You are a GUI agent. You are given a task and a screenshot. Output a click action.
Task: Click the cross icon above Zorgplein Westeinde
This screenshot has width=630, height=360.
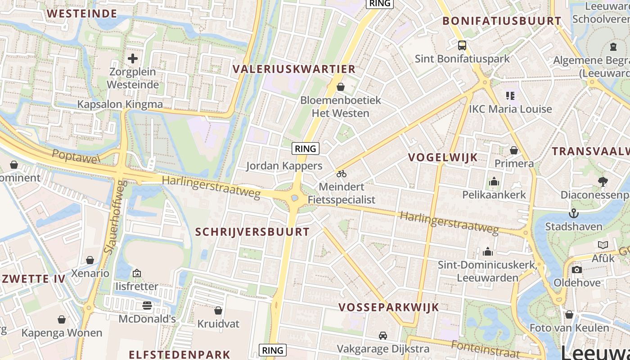[x=133, y=58]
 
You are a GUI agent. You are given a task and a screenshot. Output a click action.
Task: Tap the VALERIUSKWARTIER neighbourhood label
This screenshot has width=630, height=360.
[x=294, y=69]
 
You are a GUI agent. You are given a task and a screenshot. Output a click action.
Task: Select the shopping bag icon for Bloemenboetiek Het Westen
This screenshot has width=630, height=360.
[x=341, y=86]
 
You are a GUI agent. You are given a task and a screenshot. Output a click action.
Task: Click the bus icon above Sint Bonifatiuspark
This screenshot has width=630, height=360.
[x=462, y=45]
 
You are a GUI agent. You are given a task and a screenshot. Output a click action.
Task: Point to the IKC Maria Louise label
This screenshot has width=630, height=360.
[x=510, y=109]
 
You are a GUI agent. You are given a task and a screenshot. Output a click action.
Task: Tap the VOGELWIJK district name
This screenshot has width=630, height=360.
[x=443, y=157]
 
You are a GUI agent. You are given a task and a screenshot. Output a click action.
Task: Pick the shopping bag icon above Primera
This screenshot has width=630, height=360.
[x=514, y=150]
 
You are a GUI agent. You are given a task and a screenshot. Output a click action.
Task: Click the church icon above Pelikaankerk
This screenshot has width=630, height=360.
[x=494, y=182]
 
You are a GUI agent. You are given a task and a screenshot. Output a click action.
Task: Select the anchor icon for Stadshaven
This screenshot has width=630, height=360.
[x=573, y=213]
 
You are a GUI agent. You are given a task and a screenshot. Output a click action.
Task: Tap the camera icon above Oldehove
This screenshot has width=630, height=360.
[x=577, y=270]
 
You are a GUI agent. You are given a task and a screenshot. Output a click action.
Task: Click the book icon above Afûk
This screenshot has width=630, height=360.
[x=603, y=245]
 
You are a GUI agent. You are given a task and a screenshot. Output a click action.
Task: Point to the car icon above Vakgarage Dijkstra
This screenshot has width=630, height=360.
[x=383, y=335]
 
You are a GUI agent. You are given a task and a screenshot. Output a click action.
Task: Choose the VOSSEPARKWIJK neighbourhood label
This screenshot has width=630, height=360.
[x=388, y=307]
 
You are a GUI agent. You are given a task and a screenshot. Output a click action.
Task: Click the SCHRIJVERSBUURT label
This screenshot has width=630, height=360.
[x=252, y=232]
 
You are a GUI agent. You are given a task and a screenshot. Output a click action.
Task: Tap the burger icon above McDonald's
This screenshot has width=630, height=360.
[x=147, y=306]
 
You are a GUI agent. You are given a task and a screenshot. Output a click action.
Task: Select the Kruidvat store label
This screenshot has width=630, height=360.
[x=218, y=324]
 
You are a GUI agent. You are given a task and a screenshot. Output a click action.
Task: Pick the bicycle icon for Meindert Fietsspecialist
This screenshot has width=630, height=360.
[x=342, y=174]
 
